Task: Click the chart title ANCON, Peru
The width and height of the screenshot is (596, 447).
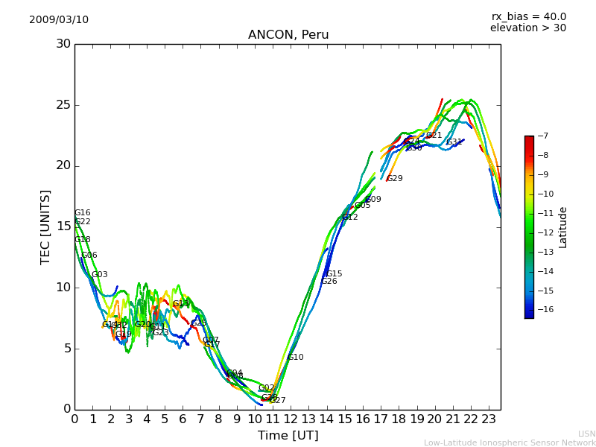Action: click(x=288, y=35)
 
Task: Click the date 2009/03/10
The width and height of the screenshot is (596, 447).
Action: click(x=59, y=20)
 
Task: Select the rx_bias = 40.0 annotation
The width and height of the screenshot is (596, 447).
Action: click(x=528, y=17)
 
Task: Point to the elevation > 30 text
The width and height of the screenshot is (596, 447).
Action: click(x=528, y=28)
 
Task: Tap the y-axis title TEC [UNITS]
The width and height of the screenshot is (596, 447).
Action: click(x=45, y=226)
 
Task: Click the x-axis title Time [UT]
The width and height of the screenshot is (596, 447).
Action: click(x=288, y=436)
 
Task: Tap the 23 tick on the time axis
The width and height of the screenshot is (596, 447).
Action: click(x=489, y=419)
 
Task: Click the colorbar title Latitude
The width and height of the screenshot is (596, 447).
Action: click(x=563, y=226)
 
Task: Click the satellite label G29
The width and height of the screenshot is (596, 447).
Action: click(x=395, y=179)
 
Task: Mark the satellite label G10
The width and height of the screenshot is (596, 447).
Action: click(x=296, y=358)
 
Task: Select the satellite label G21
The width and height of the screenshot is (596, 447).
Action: click(x=434, y=136)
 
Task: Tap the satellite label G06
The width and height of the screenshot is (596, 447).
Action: click(x=89, y=256)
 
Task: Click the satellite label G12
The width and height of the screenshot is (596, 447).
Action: click(x=350, y=218)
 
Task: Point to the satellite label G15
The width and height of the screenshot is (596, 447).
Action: click(x=335, y=274)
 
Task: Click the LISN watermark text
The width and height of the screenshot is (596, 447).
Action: click(x=586, y=434)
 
